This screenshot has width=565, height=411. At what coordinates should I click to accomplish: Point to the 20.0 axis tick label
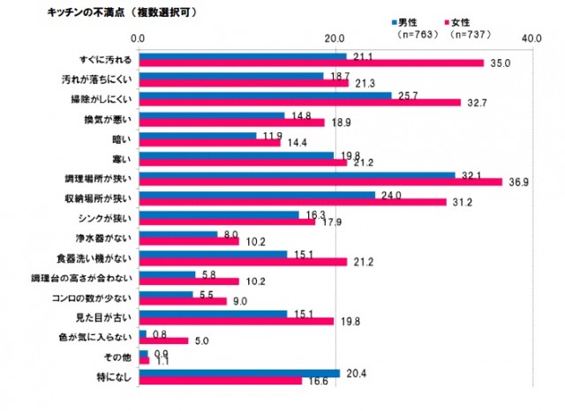click(335, 40)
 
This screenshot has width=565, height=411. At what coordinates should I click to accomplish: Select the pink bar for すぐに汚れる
click(311, 63)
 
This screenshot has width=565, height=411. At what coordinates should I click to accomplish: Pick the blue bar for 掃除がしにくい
click(265, 95)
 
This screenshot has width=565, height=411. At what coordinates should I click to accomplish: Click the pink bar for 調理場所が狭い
click(320, 182)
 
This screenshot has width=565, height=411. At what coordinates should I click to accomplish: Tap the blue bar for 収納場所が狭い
click(257, 195)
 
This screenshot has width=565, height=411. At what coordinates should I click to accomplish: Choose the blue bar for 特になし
click(239, 373)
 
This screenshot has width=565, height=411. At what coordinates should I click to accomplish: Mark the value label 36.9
click(516, 183)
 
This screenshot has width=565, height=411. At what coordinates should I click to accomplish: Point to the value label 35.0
click(501, 64)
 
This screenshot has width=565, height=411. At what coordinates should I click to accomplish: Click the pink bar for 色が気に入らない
click(163, 340)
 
